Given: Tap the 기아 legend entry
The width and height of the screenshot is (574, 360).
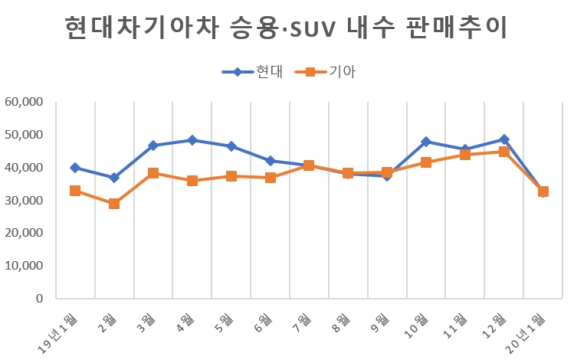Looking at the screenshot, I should pos(330,72).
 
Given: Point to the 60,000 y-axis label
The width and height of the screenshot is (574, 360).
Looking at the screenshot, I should pos(24,102).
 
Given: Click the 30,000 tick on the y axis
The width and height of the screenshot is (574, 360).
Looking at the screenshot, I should pos(24,201).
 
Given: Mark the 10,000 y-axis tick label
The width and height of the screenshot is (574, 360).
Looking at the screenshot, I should pos(24,266).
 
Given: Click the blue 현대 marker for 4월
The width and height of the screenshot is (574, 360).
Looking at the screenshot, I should pos(192,140).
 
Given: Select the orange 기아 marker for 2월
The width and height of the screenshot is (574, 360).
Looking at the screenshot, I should pos(114,204).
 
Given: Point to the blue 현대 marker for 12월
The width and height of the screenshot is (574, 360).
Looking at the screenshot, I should pos(504,139).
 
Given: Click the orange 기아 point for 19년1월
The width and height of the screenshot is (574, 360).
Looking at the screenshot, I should pos(75,191).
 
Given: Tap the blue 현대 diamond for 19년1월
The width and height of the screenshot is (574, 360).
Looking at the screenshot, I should pos(75,168).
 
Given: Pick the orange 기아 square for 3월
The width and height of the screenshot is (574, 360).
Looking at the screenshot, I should pos(153,173).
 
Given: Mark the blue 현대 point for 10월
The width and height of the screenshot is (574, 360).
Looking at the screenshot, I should pos(426,142).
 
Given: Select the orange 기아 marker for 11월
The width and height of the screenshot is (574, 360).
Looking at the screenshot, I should pos(465,155).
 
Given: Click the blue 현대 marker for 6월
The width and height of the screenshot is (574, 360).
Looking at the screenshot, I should pos(271,161).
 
